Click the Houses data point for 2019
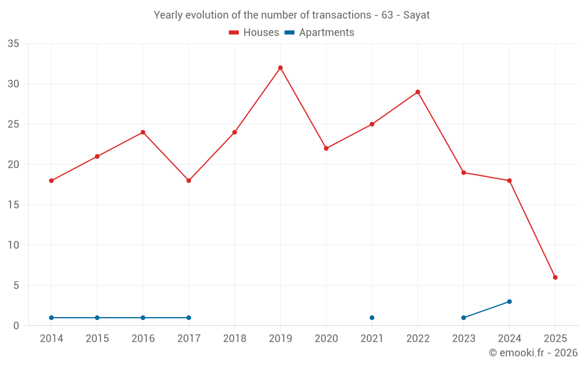click(x=280, y=68)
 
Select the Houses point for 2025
click(x=555, y=277)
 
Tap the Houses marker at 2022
click(x=418, y=92)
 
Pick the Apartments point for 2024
click(x=509, y=301)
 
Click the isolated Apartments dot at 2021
click(x=372, y=318)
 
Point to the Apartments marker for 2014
click(x=51, y=318)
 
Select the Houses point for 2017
click(x=189, y=180)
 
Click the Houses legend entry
click(x=254, y=33)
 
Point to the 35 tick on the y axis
click(x=13, y=44)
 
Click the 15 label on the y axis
click(x=13, y=205)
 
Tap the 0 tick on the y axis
click(x=16, y=326)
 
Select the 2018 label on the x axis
click(x=234, y=339)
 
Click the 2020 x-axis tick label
click(x=326, y=339)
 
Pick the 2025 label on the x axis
click(x=555, y=339)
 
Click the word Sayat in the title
click(x=416, y=15)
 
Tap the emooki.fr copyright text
click(x=533, y=353)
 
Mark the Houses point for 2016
click(x=143, y=132)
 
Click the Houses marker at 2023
click(x=464, y=172)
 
